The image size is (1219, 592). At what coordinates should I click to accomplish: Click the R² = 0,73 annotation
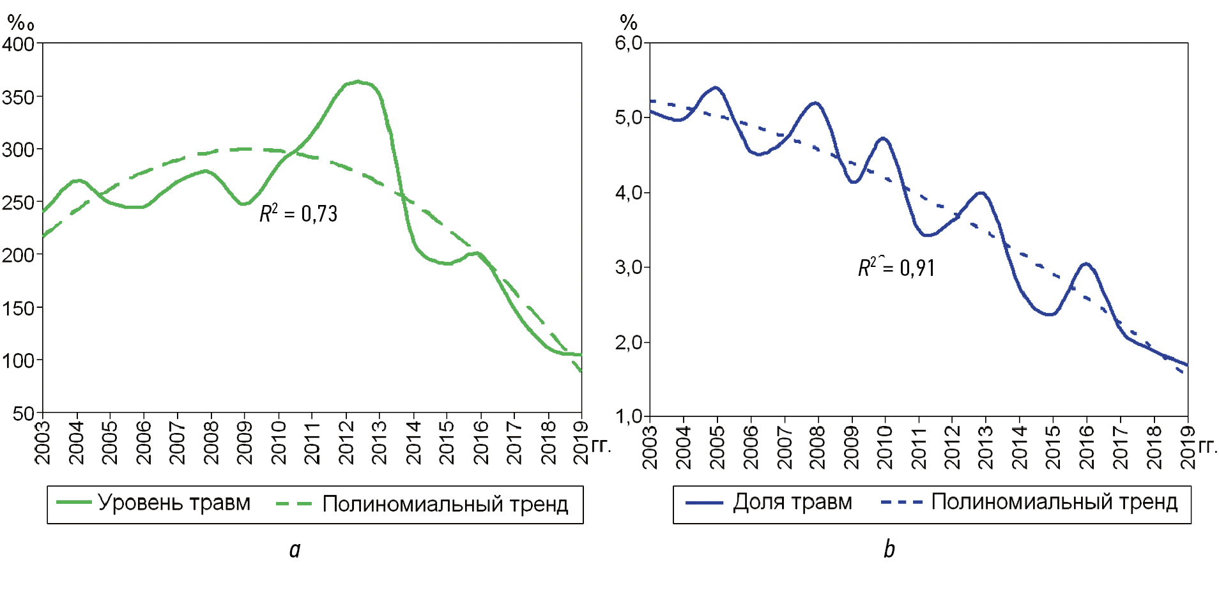pos(298,214)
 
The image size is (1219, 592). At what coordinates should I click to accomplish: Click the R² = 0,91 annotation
pos(896,268)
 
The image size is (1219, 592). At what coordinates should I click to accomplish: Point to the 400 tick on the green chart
pos(18,45)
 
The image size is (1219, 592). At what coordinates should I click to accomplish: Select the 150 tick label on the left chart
pos(18,308)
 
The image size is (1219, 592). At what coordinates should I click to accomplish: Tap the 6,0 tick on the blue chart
pos(628,43)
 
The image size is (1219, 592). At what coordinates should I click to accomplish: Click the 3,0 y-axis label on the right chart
pos(628,267)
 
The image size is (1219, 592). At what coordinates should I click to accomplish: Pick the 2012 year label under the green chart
pos(346,443)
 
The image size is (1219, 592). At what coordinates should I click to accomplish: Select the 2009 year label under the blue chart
pos(852,447)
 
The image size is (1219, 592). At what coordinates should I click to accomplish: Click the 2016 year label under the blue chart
pos(1087,447)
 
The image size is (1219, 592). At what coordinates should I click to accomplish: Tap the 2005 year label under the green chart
pos(110,443)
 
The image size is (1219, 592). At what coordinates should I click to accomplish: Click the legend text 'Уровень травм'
pos(174,503)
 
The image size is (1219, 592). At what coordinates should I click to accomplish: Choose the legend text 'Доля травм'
pos(792,502)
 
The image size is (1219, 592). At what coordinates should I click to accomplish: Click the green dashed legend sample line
pos(294,504)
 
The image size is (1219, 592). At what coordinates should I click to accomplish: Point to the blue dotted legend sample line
pos(901,503)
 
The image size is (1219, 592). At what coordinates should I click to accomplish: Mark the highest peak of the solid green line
pos(358,82)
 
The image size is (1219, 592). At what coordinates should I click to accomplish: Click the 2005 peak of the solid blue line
pos(716,87)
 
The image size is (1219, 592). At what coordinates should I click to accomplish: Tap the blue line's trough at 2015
pos(1050,314)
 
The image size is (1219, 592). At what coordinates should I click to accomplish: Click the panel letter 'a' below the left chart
pos(295,549)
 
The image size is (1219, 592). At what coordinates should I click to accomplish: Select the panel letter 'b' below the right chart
pos(889,549)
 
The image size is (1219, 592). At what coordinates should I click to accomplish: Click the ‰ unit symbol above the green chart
pos(21,24)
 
